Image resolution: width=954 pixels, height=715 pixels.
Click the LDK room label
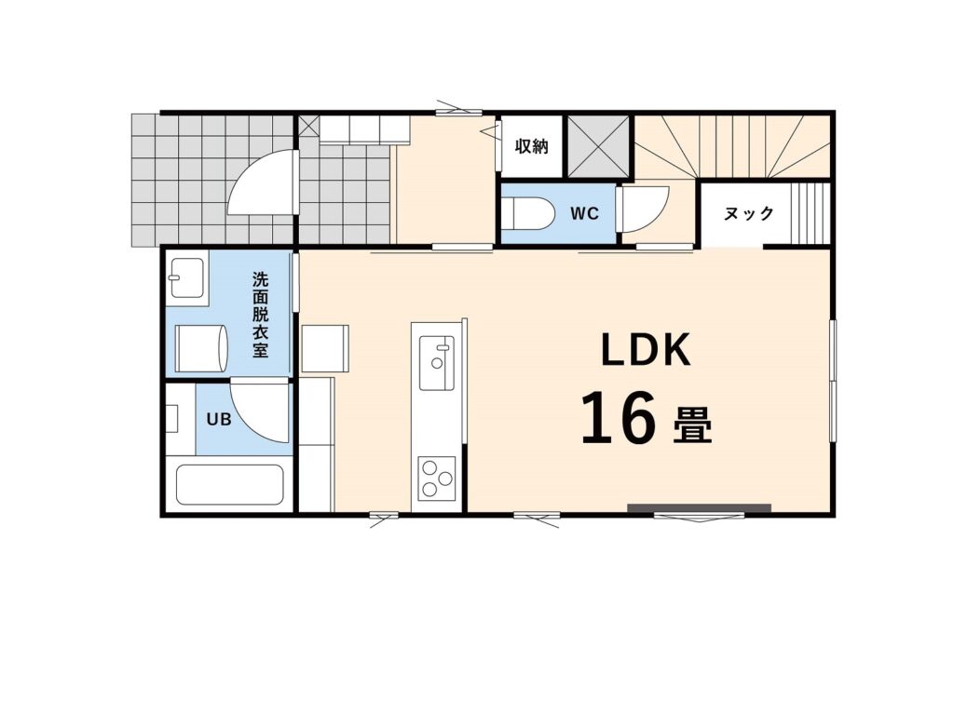pyautogui.click(x=646, y=350)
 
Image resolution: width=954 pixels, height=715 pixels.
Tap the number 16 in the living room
pyautogui.click(x=619, y=418)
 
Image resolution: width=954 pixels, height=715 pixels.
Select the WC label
pyautogui.click(x=585, y=213)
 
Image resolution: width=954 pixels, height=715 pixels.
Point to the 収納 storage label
pyautogui.click(x=532, y=146)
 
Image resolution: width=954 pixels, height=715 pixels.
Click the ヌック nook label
pyautogui.click(x=749, y=213)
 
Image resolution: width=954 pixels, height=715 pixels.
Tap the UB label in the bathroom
pyautogui.click(x=218, y=419)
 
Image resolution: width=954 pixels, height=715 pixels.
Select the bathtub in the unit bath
pyautogui.click(x=230, y=485)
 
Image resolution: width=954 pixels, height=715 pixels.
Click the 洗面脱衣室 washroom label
pyautogui.click(x=261, y=315)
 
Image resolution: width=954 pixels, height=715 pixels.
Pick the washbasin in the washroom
pyautogui.click(x=188, y=277)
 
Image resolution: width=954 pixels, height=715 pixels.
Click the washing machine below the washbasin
pyautogui.click(x=201, y=348)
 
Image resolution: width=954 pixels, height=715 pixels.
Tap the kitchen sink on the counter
pyautogui.click(x=437, y=363)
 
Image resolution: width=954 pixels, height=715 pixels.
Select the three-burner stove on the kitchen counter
pyautogui.click(x=437, y=479)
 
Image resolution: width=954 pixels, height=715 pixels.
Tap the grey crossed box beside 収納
pyautogui.click(x=598, y=146)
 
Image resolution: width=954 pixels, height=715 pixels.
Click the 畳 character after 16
pyautogui.click(x=692, y=425)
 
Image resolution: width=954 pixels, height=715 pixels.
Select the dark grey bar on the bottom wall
pyautogui.click(x=699, y=507)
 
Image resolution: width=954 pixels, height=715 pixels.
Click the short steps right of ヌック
pyautogui.click(x=810, y=212)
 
